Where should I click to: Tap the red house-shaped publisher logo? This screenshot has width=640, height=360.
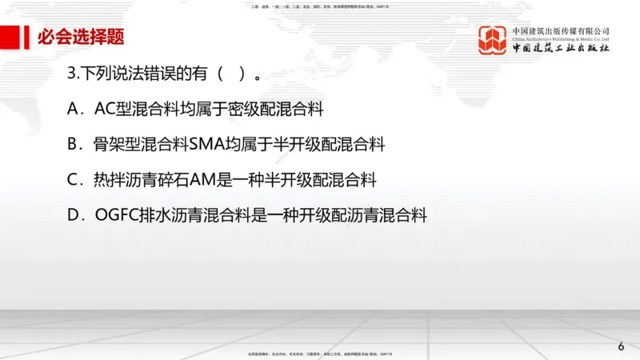[493, 41]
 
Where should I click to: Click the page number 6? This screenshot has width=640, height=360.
[621, 346]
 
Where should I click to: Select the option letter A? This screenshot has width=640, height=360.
[74, 109]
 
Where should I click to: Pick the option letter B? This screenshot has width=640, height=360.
[74, 145]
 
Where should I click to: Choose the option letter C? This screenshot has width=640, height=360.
[74, 180]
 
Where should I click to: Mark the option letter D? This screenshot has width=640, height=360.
[74, 215]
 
